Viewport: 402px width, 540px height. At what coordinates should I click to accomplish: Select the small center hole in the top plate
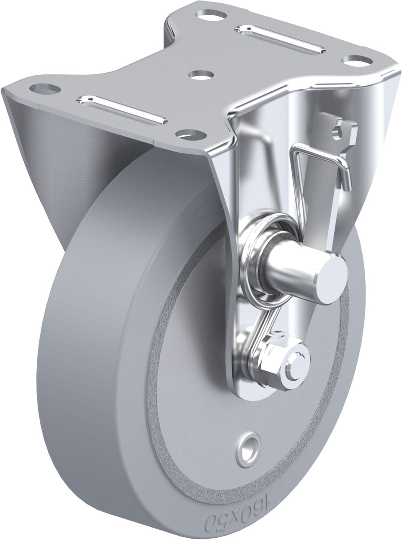point(198,75)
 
